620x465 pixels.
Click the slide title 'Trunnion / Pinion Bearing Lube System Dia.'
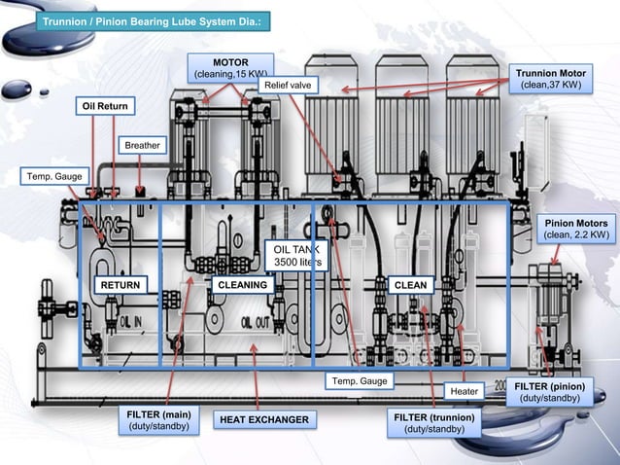[x=155, y=20]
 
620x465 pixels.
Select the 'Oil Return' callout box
[x=105, y=105]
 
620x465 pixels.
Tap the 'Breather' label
[x=141, y=145]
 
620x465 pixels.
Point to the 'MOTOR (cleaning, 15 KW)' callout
[x=230, y=67]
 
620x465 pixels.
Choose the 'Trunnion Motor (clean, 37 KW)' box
[x=550, y=79]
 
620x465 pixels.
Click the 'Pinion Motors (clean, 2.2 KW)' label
[x=576, y=229]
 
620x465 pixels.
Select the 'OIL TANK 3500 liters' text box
[x=297, y=256]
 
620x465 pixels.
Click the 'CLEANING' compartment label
[x=242, y=284]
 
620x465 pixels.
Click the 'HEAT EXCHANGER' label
[x=263, y=419]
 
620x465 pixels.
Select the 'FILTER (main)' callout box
[x=157, y=420]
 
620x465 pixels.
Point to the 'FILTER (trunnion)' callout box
[x=433, y=423]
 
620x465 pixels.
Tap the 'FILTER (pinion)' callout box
[x=549, y=392]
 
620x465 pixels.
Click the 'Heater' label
[x=465, y=391]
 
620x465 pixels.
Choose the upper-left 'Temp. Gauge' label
[x=47, y=176]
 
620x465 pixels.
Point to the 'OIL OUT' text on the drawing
[x=255, y=322]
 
